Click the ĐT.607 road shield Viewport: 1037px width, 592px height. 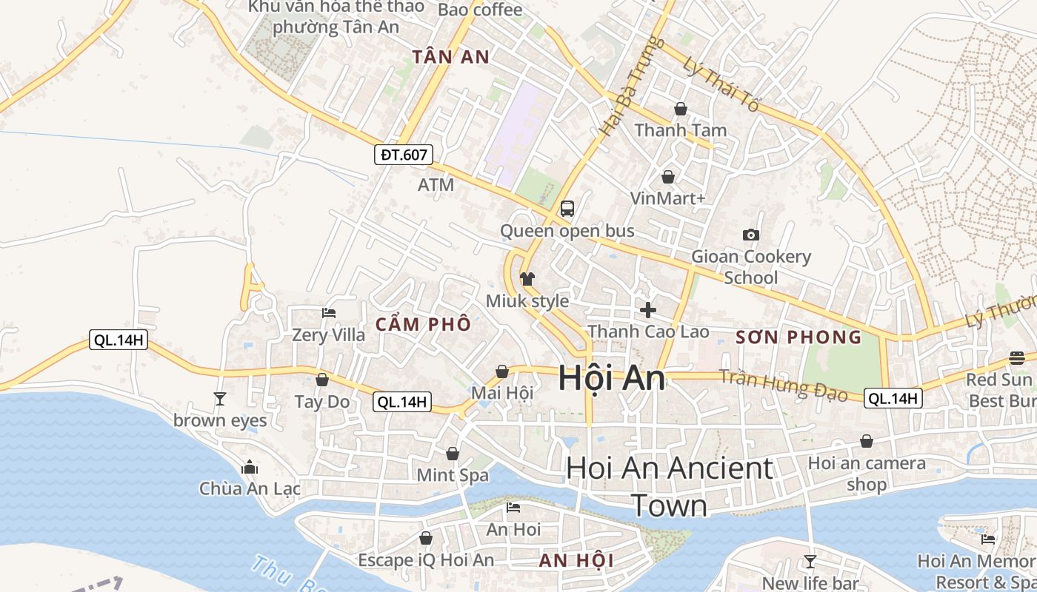pyautogui.click(x=403, y=155)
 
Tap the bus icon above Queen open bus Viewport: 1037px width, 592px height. pyautogui.click(x=567, y=209)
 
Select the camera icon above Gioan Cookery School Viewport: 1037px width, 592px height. pyautogui.click(x=751, y=235)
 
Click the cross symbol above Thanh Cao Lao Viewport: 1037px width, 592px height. pyautogui.click(x=648, y=310)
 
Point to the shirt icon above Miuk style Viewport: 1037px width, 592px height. pyautogui.click(x=527, y=279)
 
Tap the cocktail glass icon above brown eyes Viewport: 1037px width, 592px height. pyautogui.click(x=220, y=399)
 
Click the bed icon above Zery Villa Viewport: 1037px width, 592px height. pyautogui.click(x=329, y=314)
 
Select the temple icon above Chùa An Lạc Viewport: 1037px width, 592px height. pyautogui.click(x=250, y=467)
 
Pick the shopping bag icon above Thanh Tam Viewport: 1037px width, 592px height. pyautogui.click(x=681, y=110)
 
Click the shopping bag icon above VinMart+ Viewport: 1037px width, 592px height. pyautogui.click(x=668, y=177)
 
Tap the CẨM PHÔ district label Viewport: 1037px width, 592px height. pyautogui.click(x=423, y=324)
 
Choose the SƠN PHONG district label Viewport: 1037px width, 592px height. pyautogui.click(x=798, y=337)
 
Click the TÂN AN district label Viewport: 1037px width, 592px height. pyautogui.click(x=451, y=57)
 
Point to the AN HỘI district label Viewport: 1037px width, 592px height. pyautogui.click(x=576, y=560)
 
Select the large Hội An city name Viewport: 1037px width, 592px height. pyautogui.click(x=611, y=378)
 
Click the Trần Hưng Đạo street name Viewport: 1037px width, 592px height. pyautogui.click(x=783, y=385)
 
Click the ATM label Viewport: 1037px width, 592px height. pyautogui.click(x=436, y=185)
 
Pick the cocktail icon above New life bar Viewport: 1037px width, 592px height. pyautogui.click(x=810, y=562)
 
